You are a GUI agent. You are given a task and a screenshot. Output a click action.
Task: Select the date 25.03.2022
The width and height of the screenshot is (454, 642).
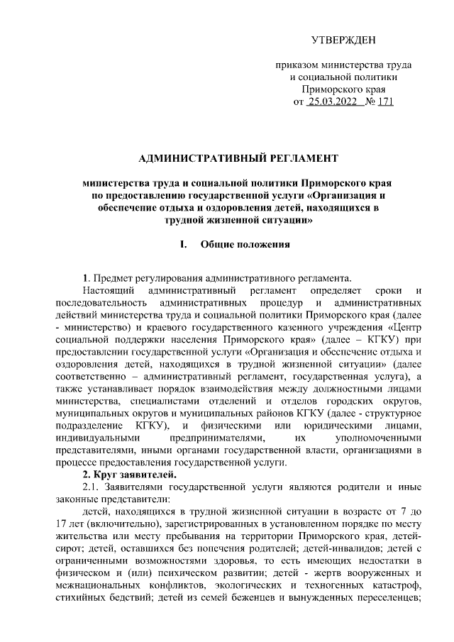pos(331,102)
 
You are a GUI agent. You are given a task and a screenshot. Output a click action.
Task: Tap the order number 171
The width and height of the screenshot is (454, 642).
pos(385,102)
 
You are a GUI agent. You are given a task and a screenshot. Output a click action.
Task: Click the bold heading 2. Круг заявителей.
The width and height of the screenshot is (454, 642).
pos(125,475)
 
